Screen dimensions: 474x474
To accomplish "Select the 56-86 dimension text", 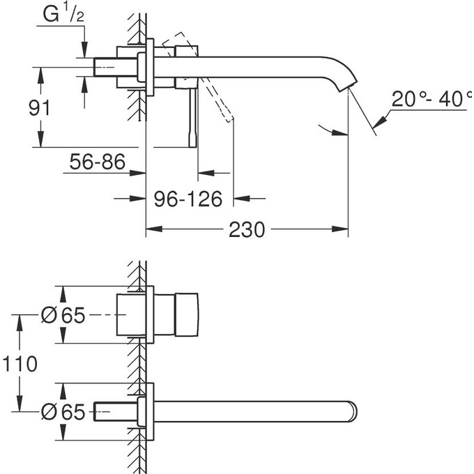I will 98,163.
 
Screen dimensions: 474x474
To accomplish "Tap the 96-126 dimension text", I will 188,199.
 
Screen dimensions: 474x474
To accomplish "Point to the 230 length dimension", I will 247,229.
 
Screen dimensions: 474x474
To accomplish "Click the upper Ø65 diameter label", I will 63,316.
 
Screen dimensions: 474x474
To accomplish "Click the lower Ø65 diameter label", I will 63,413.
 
